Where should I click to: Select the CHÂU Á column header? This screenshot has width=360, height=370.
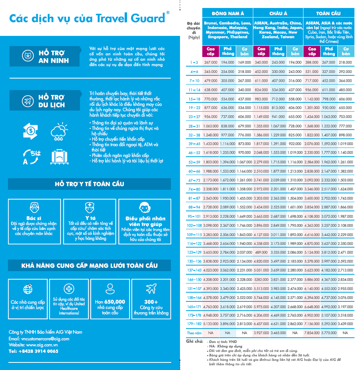pos(278,13)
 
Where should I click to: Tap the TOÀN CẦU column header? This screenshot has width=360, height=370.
pos(329,13)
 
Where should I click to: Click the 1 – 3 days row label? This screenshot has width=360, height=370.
pos(194,63)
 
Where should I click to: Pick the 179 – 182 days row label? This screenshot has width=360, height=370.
pos(194,324)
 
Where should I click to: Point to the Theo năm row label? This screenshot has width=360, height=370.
pos(194,333)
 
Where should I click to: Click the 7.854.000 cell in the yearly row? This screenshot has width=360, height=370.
pos(312,333)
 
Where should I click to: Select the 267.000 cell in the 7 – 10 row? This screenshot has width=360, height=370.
pos(244,81)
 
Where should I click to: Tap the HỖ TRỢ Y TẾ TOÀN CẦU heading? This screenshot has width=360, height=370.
pos(90,184)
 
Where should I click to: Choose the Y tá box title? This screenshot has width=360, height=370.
pos(90,218)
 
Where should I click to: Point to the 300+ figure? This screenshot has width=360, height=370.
pos(151,302)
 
